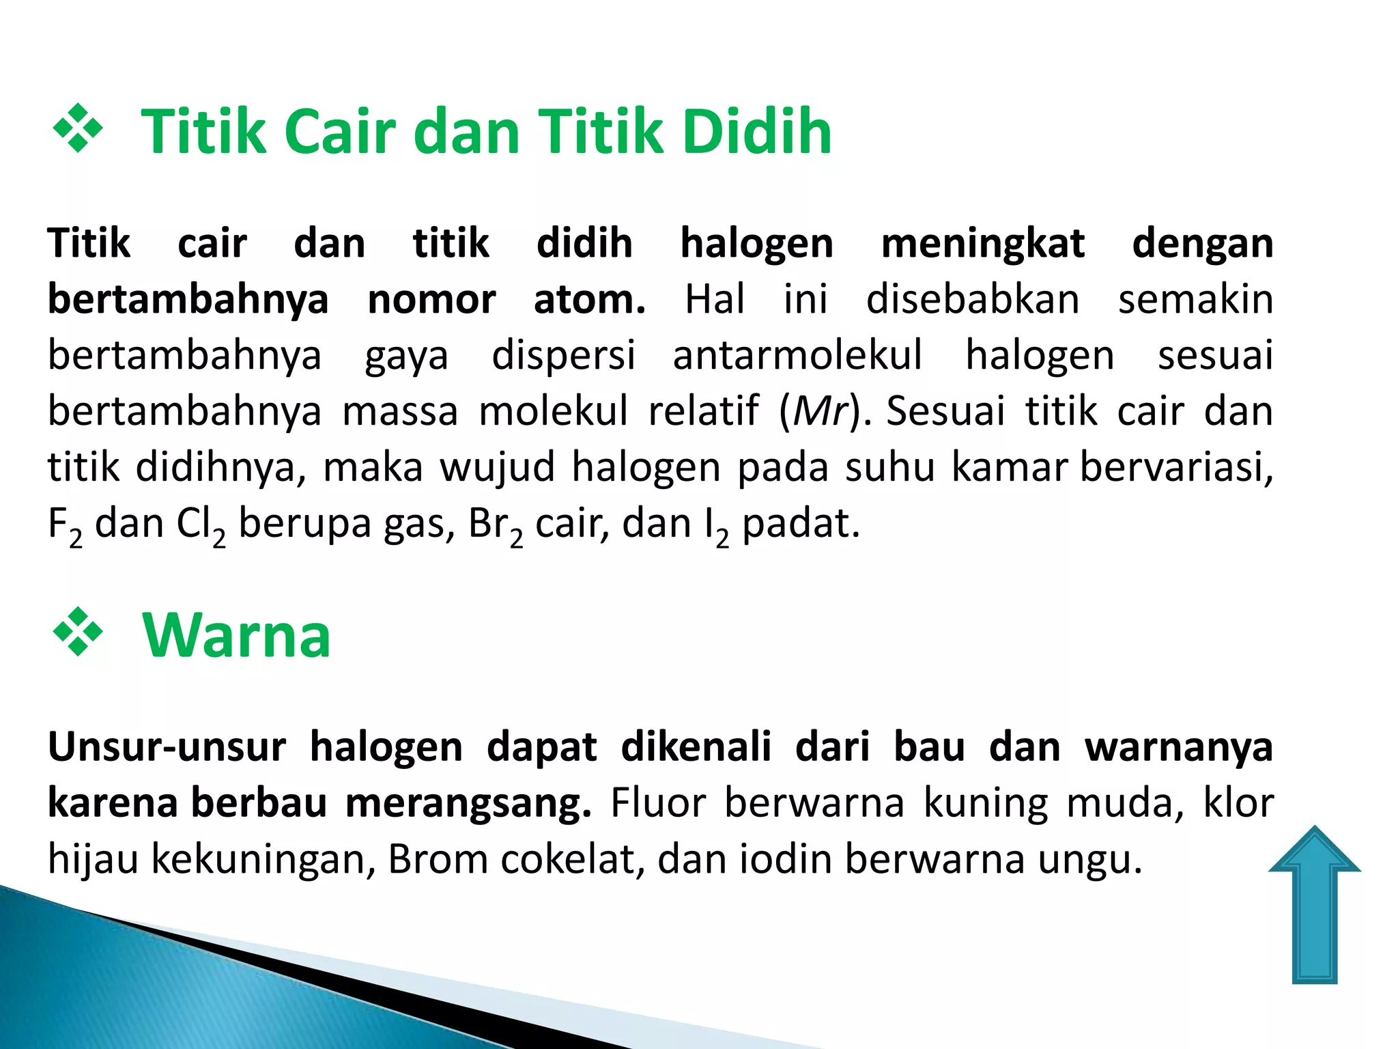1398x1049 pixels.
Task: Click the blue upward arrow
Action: pyautogui.click(x=1314, y=908)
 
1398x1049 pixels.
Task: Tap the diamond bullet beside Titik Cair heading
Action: pyautogui.click(x=78, y=128)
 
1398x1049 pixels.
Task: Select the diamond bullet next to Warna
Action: pyautogui.click(x=78, y=632)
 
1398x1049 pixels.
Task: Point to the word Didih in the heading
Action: pyautogui.click(x=757, y=131)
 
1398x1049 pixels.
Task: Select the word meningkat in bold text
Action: pyautogui.click(x=982, y=244)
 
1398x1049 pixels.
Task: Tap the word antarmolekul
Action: pyautogui.click(x=797, y=355)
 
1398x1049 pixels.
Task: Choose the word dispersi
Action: pyautogui.click(x=563, y=355)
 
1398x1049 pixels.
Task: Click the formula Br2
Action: pyautogui.click(x=496, y=526)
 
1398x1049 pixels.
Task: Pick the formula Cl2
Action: pyautogui.click(x=201, y=526)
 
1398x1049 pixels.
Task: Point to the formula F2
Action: pyautogui.click(x=65, y=526)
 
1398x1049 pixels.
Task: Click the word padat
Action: pyautogui.click(x=800, y=524)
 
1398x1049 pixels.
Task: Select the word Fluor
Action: pyautogui.click(x=657, y=803)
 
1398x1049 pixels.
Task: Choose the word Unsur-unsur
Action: pyautogui.click(x=167, y=747)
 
